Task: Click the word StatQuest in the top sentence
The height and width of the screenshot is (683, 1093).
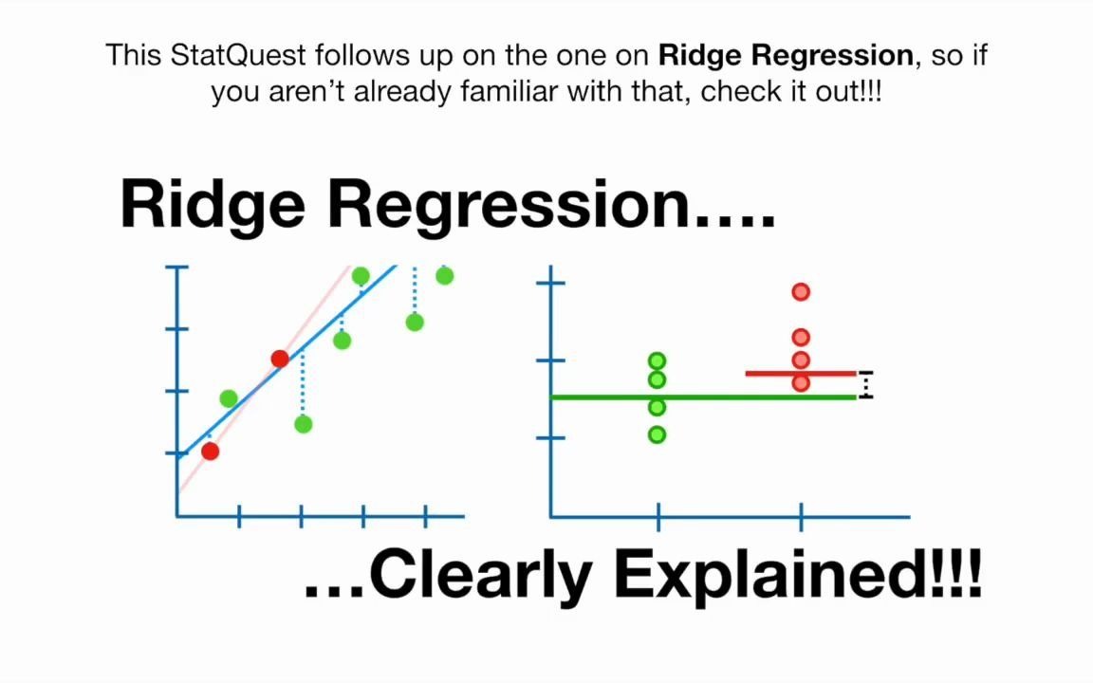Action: [238, 55]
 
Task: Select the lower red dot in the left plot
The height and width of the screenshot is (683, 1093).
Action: [211, 451]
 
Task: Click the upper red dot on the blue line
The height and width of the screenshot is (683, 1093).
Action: [280, 359]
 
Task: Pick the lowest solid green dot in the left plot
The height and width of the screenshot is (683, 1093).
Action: [304, 424]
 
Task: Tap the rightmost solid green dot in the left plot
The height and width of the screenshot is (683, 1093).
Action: [445, 276]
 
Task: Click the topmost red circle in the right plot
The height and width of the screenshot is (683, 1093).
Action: [801, 291]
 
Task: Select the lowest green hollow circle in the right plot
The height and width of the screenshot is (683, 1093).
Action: [657, 434]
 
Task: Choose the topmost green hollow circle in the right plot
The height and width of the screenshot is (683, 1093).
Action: [657, 361]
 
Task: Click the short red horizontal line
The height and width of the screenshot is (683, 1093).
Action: [801, 374]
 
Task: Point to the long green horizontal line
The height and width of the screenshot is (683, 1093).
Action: [703, 397]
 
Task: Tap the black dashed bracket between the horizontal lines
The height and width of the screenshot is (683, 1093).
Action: [865, 385]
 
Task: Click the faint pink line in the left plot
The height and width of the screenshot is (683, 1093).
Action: [264, 379]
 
